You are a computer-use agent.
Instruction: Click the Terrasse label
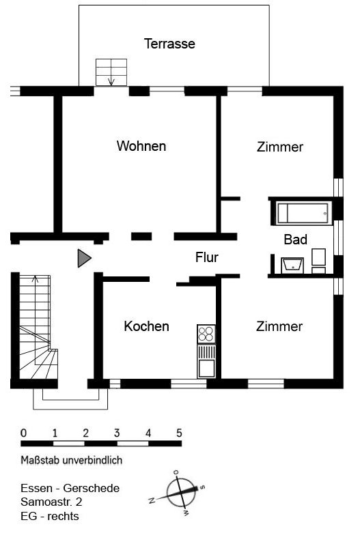pos(169,44)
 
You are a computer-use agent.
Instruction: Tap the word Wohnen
pos(141,146)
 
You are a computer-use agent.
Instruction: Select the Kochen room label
pos(146,326)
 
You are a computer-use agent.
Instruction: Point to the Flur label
pos(207,257)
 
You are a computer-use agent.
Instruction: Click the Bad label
pos(296,240)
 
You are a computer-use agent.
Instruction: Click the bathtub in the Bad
pos(303,213)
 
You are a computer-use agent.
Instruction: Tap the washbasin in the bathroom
pos(292,265)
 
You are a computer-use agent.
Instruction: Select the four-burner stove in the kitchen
pos(206,334)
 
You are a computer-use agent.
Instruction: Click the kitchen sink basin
pos(206,369)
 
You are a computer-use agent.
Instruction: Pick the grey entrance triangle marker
pos(83,259)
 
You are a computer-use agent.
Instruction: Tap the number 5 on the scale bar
pos(179,433)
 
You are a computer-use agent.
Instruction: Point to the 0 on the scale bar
pos(23,433)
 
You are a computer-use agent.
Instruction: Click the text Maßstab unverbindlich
pos(72,460)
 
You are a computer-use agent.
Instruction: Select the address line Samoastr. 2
pos(52,502)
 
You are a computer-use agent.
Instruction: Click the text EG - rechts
pos(50,516)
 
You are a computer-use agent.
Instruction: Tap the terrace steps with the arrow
pos(111,72)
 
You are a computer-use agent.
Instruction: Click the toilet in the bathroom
pos(318,261)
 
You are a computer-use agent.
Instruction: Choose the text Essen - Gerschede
pos(70,488)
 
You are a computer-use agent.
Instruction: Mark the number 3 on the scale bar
pos(117,433)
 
